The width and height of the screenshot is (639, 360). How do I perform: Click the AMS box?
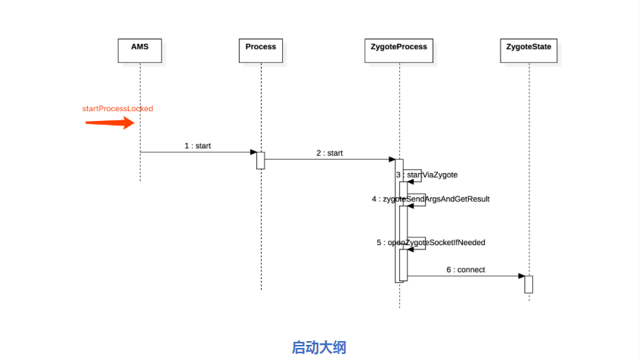pyautogui.click(x=140, y=48)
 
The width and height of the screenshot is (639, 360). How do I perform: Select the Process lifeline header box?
pyautogui.click(x=261, y=48)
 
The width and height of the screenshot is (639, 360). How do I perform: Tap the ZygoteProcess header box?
pyautogui.click(x=399, y=48)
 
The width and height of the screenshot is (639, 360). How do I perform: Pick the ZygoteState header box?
pyautogui.click(x=529, y=48)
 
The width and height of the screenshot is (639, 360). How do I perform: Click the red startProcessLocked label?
pyautogui.click(x=117, y=109)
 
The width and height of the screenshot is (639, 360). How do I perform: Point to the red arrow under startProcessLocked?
pyautogui.click(x=109, y=123)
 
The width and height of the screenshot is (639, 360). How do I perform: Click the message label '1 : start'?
pyautogui.click(x=197, y=145)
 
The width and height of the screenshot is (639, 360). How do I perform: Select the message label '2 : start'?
pyautogui.click(x=330, y=153)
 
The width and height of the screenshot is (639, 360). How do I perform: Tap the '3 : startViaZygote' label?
pyautogui.click(x=427, y=175)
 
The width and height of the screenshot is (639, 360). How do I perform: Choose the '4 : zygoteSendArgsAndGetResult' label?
pyautogui.click(x=430, y=199)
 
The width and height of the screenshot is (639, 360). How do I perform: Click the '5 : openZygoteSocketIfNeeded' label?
pyautogui.click(x=430, y=243)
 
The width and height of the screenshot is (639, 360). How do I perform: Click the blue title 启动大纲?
pyautogui.click(x=318, y=347)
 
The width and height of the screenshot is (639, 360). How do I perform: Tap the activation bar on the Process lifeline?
pyautogui.click(x=261, y=160)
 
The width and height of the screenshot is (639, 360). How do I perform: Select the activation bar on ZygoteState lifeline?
pyautogui.click(x=529, y=284)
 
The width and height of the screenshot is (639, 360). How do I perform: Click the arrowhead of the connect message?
pyautogui.click(x=521, y=276)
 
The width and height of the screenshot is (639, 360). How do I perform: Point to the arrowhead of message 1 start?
pyautogui.click(x=253, y=152)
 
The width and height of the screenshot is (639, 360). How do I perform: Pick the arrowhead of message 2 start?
pyautogui.click(x=392, y=159)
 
